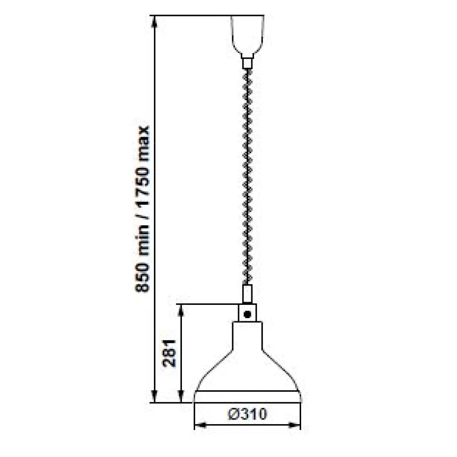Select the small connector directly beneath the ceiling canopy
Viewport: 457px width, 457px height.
coord(247,62)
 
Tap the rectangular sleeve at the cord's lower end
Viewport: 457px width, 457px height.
coord(247,294)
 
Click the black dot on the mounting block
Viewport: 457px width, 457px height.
coord(248,314)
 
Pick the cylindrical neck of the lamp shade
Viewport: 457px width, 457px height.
coord(247,336)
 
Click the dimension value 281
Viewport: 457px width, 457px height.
coord(170,353)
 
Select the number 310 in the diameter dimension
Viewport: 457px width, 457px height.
coord(253,414)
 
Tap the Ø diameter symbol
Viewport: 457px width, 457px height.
coord(234,414)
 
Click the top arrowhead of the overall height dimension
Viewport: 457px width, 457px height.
coord(155,21)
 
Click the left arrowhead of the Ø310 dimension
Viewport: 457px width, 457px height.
coord(199,425)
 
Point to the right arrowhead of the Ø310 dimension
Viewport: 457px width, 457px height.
coord(296,425)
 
